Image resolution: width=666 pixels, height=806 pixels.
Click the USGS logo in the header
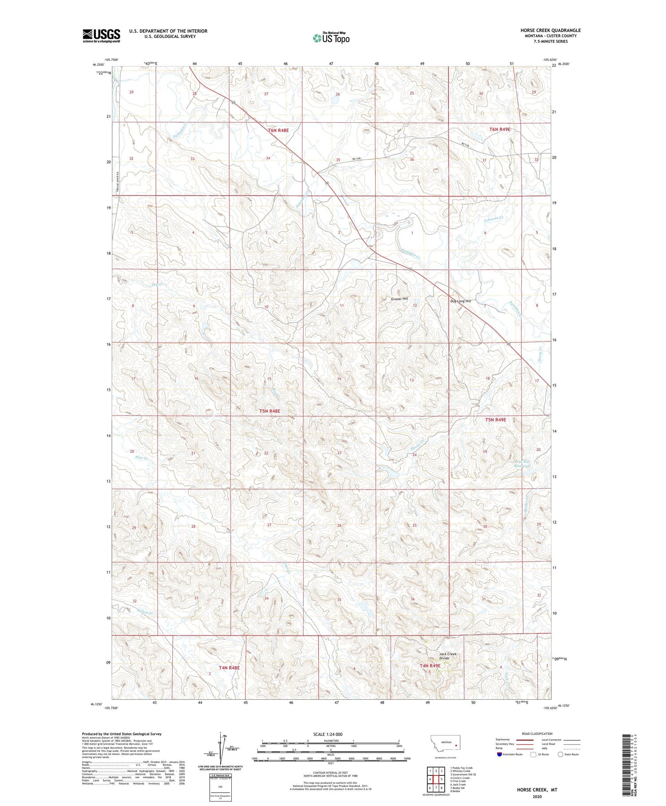(x=101, y=36)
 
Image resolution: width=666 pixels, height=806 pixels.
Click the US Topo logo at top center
(x=331, y=38)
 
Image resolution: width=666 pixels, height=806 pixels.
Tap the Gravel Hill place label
(x=399, y=299)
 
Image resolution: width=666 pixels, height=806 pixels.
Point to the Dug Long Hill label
(x=460, y=301)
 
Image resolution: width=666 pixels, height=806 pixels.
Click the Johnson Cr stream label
(x=493, y=219)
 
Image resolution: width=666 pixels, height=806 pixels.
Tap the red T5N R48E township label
(x=270, y=411)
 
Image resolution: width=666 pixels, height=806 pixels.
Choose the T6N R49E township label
(x=499, y=129)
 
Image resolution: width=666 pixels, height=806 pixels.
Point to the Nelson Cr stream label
(x=145, y=613)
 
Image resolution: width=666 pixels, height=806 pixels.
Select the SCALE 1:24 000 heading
(x=328, y=734)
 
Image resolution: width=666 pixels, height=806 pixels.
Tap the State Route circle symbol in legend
(x=560, y=754)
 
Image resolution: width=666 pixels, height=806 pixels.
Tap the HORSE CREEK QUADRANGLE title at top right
(x=551, y=30)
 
